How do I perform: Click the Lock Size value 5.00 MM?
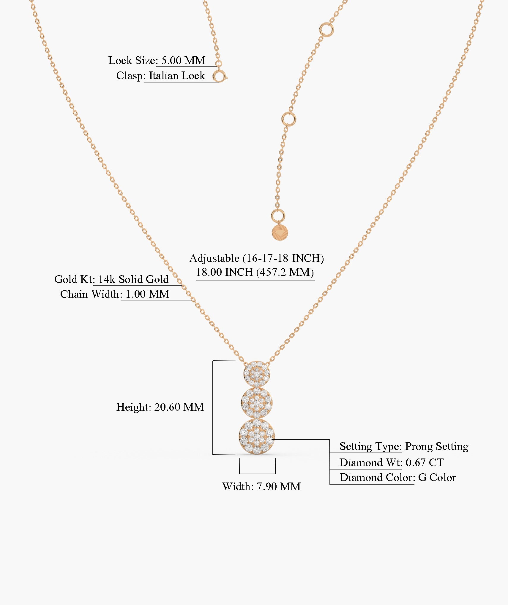[183, 60]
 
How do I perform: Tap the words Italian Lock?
[177, 76]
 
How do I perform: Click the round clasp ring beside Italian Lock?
[219, 77]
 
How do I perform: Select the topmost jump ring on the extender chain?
[326, 30]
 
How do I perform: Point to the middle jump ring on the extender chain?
[288, 119]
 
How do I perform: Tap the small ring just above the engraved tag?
[278, 216]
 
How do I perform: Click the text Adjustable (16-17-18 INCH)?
[257, 258]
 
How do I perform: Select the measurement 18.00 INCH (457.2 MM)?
[255, 272]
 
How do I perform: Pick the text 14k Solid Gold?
[133, 279]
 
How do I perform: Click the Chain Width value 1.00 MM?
[147, 294]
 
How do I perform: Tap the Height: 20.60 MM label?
[160, 407]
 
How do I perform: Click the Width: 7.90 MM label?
[261, 486]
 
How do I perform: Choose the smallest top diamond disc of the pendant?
[257, 374]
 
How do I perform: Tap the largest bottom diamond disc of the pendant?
[257, 436]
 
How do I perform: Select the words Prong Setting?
[437, 446]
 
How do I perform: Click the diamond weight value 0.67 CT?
[425, 462]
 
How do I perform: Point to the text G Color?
[437, 477]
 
